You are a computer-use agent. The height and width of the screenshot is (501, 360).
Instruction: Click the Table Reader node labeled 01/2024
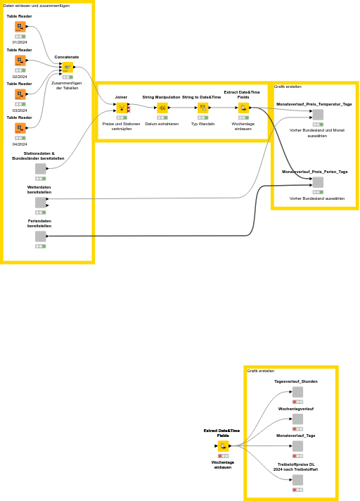20,26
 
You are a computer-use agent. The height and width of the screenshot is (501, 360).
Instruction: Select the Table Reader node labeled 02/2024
20,61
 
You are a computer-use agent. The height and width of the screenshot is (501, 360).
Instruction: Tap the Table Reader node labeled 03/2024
20,94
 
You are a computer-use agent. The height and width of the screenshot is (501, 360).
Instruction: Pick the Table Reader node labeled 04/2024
20,128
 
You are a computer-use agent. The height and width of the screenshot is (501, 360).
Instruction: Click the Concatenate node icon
67,68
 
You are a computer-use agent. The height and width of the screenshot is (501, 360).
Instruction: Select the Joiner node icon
122,108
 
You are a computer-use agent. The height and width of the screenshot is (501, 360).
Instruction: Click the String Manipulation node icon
162,108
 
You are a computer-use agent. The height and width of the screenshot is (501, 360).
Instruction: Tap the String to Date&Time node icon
202,108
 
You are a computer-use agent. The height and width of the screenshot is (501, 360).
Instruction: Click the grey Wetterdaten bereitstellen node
40,203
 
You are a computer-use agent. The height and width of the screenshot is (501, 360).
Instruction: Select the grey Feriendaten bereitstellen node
40,236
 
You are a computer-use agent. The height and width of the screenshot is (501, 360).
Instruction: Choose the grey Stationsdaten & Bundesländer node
40,169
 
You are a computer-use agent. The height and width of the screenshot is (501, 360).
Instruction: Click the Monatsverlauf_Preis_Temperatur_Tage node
318,115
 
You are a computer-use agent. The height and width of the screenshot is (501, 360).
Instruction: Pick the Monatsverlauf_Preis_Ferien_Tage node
318,182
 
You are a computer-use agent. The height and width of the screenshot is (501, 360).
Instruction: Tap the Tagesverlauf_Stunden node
297,392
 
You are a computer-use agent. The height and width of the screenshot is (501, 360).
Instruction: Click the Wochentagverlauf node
297,419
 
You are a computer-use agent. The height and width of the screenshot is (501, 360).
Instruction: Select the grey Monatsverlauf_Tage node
297,446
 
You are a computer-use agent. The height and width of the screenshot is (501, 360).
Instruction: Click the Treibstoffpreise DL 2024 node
297,480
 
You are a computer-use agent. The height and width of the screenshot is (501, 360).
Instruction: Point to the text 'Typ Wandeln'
202,124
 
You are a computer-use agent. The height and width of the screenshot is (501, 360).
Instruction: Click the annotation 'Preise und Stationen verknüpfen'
121,127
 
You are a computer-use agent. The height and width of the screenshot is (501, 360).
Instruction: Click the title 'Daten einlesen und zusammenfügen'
37,6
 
